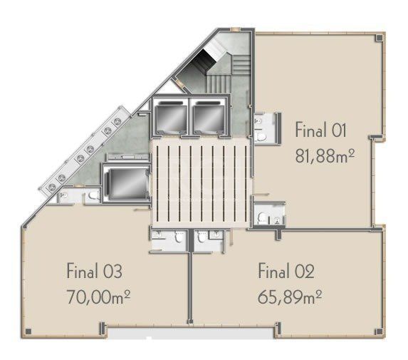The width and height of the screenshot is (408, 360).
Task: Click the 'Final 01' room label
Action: [320, 130]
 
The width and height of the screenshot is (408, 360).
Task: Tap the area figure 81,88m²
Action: [325, 155]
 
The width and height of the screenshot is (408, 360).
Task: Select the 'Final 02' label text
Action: [286, 271]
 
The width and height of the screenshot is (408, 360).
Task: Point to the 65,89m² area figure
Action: [291, 294]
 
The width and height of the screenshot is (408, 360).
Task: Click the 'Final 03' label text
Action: [95, 272]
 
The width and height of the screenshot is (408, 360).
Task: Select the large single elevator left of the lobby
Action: [125, 181]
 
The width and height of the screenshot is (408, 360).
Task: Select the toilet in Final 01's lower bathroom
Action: [263, 217]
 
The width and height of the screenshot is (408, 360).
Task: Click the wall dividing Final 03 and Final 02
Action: [189, 285]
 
